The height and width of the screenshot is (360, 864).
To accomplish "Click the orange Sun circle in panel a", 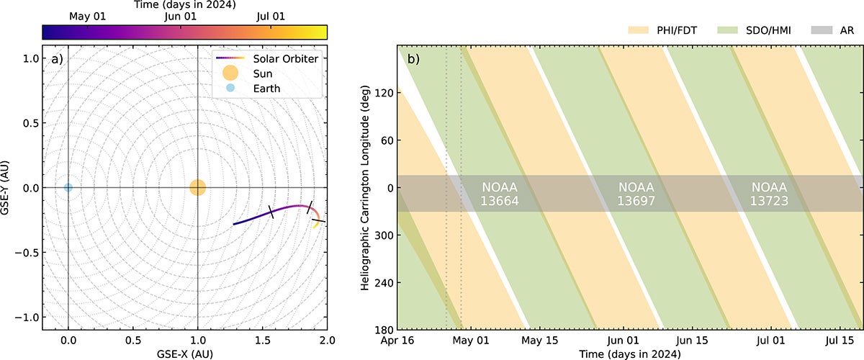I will (197, 188).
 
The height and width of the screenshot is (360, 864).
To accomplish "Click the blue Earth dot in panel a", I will (68, 188).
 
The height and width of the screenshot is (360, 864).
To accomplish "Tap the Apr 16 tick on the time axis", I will (398, 339).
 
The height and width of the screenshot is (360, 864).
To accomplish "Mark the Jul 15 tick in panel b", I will (839, 339).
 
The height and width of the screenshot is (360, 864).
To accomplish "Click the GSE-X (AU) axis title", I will (185, 354).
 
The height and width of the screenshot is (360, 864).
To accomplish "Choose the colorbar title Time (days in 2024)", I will (185, 4).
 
